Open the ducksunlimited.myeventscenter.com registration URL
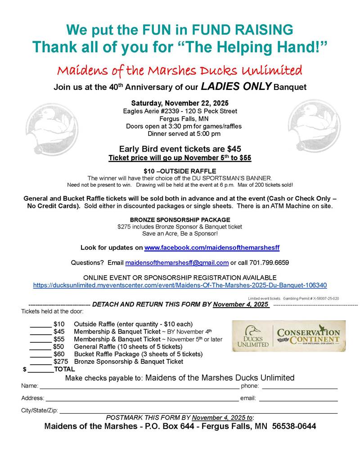(180, 285)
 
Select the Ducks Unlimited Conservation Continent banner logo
(289, 336)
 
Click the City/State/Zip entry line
(198, 412)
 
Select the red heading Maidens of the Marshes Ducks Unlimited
(179, 71)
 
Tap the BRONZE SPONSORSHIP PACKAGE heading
(180, 219)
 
